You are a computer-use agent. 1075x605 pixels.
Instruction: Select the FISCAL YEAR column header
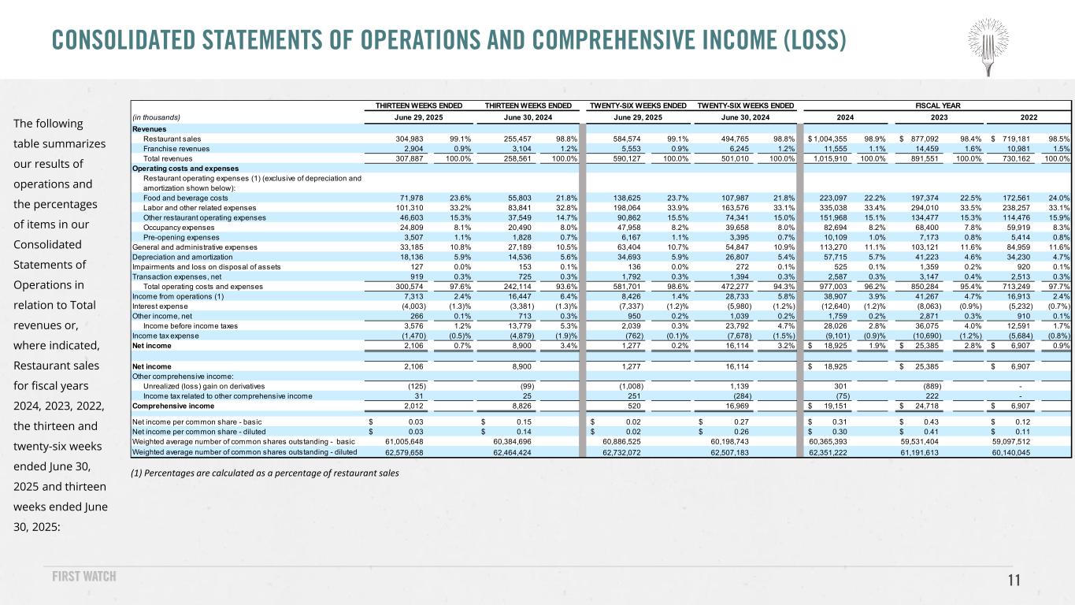(x=934, y=105)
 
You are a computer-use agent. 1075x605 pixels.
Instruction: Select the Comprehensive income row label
(x=171, y=406)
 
